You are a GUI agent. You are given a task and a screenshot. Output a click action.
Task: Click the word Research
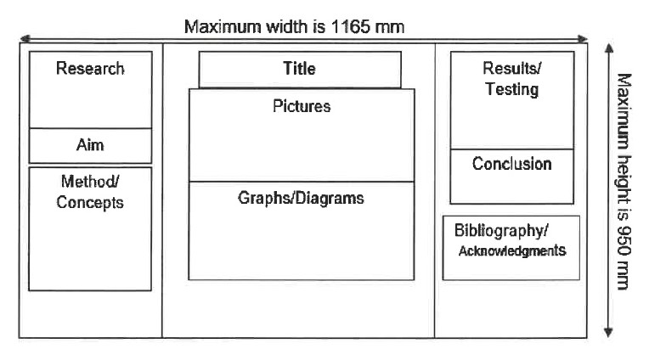pyautogui.click(x=90, y=68)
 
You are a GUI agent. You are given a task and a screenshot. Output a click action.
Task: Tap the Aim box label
pyautogui.click(x=90, y=145)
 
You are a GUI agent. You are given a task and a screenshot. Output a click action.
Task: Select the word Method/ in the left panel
pyautogui.click(x=90, y=181)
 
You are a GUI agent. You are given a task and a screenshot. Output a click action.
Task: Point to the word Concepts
pyautogui.click(x=90, y=202)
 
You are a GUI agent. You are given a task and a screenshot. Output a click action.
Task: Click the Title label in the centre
pyautogui.click(x=299, y=68)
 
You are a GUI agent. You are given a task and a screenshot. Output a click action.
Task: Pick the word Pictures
pyautogui.click(x=302, y=106)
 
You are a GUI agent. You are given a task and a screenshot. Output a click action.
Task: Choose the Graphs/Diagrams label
pyautogui.click(x=301, y=198)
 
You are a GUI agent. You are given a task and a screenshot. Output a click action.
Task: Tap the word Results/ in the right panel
pyautogui.click(x=512, y=68)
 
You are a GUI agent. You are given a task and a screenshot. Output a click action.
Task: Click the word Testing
pyautogui.click(x=512, y=89)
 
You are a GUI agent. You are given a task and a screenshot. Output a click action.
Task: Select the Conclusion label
pyautogui.click(x=512, y=164)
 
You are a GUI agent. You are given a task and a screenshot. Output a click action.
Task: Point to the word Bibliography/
pyautogui.click(x=501, y=230)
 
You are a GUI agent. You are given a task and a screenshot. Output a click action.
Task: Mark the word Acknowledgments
pyautogui.click(x=512, y=250)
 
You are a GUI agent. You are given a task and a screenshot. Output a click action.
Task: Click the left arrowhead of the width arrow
pyautogui.click(x=25, y=39)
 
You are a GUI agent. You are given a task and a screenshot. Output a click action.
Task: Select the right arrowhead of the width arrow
pyautogui.click(x=583, y=39)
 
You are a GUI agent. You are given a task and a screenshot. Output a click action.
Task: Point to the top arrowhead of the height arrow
pyautogui.click(x=609, y=48)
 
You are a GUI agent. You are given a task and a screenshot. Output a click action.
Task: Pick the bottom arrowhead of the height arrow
pyautogui.click(x=608, y=332)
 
